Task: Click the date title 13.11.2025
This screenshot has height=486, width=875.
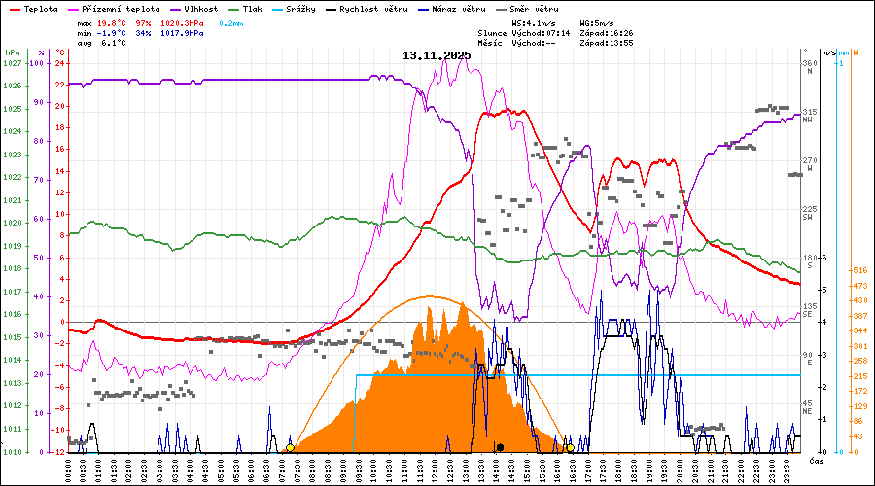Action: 437,55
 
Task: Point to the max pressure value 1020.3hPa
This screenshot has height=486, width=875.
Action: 182,22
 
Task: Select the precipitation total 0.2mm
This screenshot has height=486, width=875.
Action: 231,22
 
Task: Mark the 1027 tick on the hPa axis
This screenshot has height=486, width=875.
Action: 13,63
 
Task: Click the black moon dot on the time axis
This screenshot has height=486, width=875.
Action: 499,447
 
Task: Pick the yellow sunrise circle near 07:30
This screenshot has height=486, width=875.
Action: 290,448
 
